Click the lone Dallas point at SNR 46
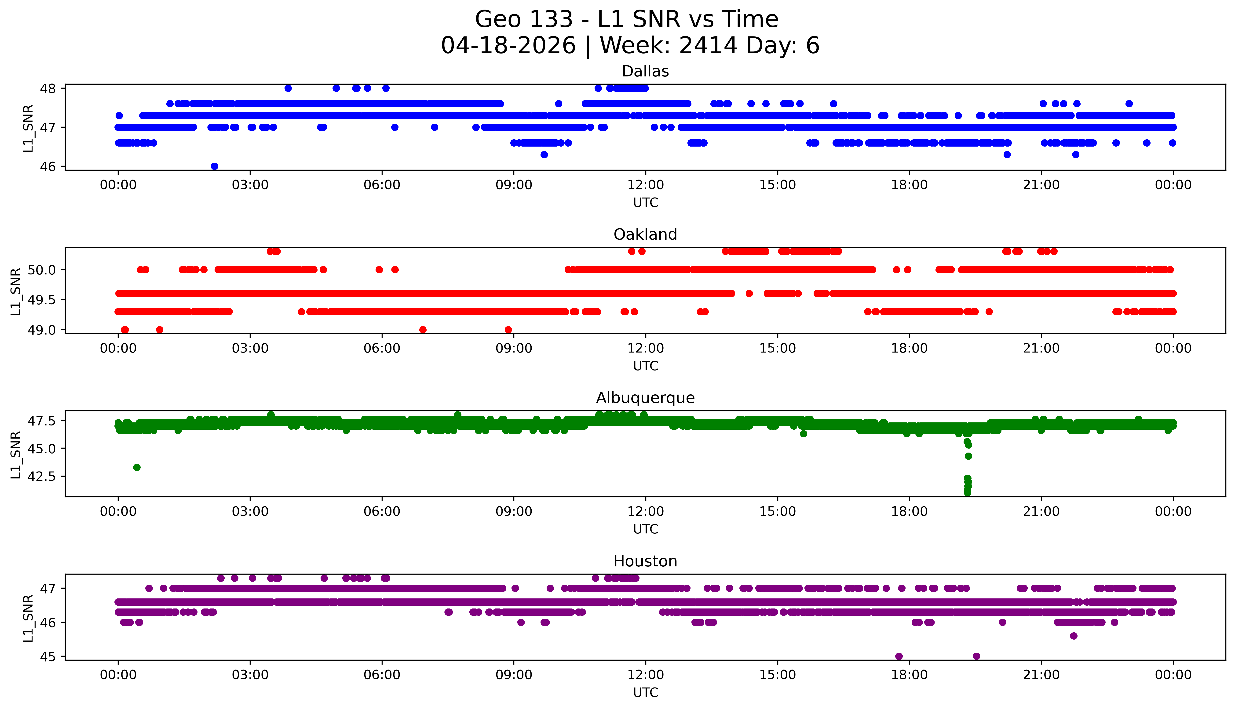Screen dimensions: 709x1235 [x=214, y=166]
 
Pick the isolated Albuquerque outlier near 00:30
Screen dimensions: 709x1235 [x=137, y=468]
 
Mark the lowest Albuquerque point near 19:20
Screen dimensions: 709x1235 [x=968, y=493]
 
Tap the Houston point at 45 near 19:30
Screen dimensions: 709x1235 [x=976, y=656]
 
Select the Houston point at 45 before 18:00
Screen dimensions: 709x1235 [x=899, y=656]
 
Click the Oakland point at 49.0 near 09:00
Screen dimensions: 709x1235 [x=508, y=330]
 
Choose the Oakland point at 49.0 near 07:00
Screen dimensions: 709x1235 [x=423, y=330]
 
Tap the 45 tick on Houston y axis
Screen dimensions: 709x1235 [x=51, y=656]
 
